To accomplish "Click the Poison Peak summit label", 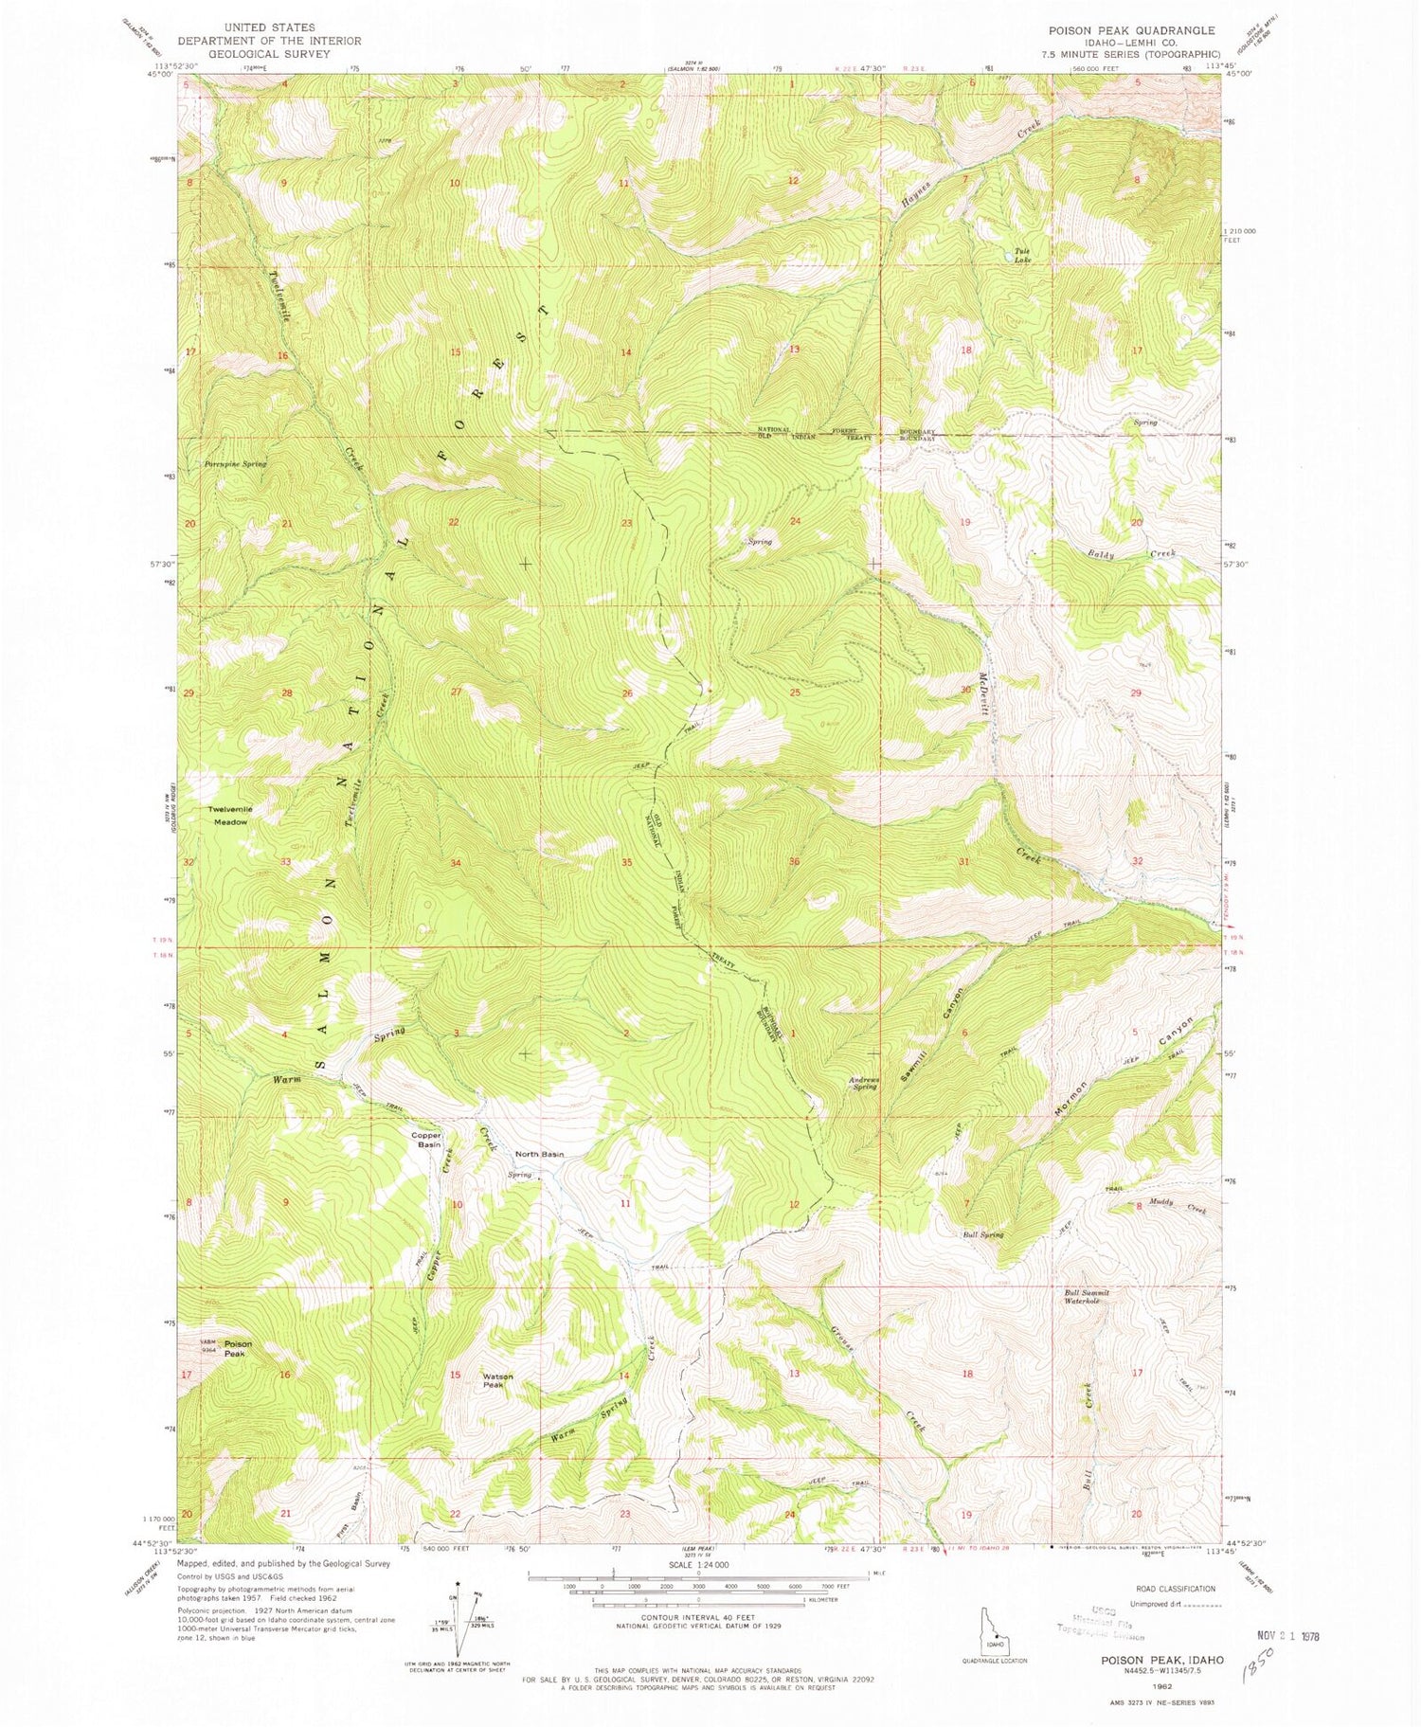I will (x=238, y=1348).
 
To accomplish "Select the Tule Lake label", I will (x=1022, y=255).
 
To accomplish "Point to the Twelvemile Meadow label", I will (x=229, y=816).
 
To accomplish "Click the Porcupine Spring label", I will (x=236, y=464).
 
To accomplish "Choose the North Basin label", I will (x=539, y=1154).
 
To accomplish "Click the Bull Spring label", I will (x=982, y=1234).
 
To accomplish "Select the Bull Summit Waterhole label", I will (x=1087, y=1296).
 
